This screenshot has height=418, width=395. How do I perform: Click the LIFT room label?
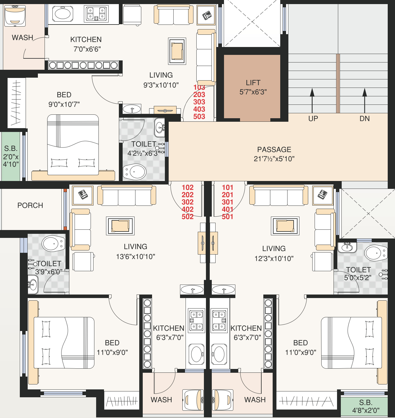coord(253,83)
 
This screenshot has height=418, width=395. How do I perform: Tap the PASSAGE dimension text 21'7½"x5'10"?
coord(274,159)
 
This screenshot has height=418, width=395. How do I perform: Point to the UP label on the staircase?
coord(313,119)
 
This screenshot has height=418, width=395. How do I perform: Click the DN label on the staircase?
coord(364,119)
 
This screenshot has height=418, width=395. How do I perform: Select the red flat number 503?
coord(199,116)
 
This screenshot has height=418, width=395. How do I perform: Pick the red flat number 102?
coord(188,187)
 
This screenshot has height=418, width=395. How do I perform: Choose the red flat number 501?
coord(227,217)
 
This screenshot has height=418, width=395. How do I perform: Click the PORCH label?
coord(30,205)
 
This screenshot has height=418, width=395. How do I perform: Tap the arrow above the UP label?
coord(312,101)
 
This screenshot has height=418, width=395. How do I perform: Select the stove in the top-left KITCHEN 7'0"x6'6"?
coord(96,14)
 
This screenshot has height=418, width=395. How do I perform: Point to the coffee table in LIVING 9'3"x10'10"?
coord(177,51)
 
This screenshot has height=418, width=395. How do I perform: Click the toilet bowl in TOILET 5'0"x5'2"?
coord(376,253)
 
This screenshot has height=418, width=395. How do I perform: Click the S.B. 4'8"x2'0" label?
coord(366,406)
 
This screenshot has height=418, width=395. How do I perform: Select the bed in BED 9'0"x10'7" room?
coord(73,145)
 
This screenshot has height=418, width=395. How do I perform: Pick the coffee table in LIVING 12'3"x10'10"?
coord(285,226)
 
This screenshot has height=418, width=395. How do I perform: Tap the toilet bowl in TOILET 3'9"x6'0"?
coord(53,243)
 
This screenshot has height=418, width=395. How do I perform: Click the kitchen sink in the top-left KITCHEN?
coord(63,14)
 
